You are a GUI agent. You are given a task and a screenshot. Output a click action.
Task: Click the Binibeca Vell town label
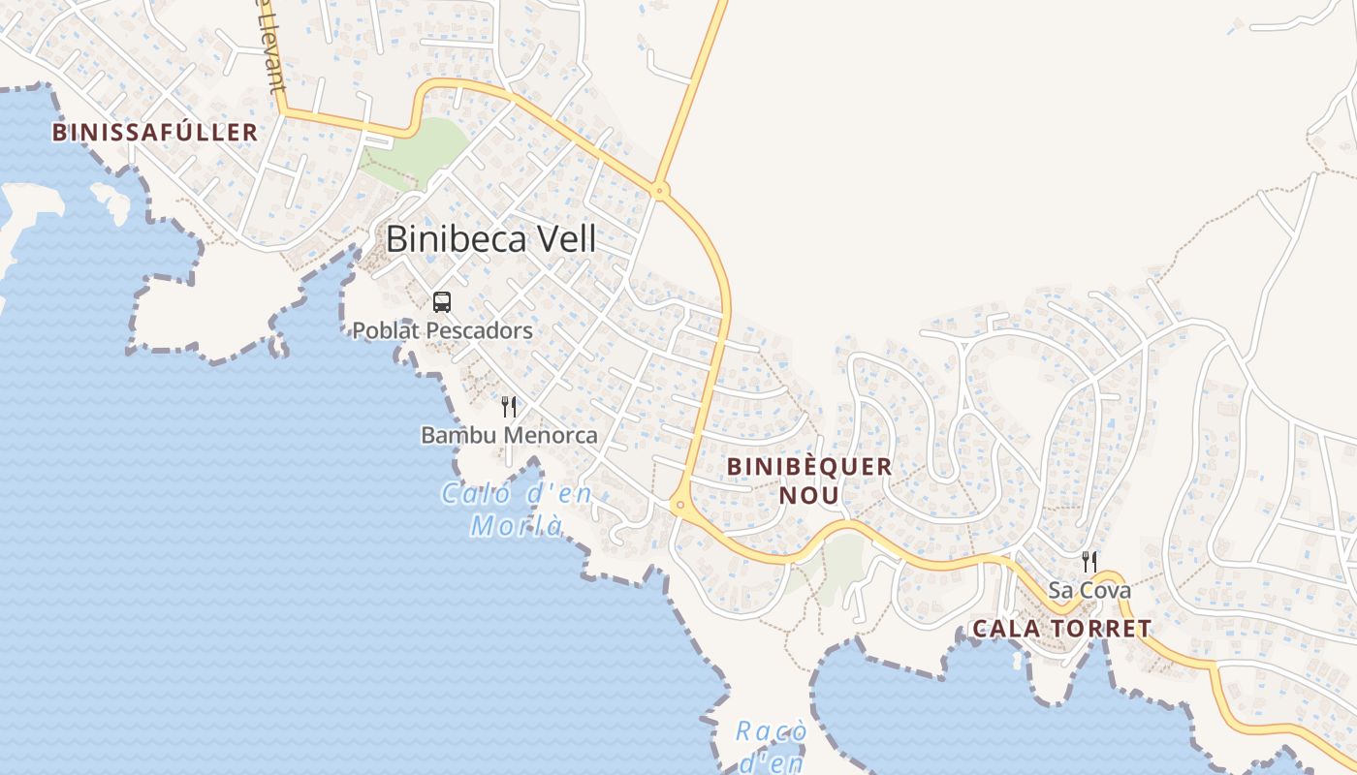click(490, 238)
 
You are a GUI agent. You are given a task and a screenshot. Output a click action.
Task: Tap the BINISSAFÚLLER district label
click(155, 133)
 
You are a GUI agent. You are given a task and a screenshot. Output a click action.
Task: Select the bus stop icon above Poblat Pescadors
click(442, 302)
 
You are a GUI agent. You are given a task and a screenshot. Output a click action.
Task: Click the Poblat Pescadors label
click(442, 330)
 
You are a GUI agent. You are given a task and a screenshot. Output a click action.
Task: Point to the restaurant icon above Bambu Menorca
click(509, 407)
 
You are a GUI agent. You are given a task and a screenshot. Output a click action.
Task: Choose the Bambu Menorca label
click(509, 435)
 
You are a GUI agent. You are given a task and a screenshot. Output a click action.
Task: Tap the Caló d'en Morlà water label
click(517, 510)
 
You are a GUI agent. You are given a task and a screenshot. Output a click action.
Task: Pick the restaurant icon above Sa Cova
click(1089, 561)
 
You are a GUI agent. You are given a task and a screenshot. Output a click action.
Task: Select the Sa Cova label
click(1089, 590)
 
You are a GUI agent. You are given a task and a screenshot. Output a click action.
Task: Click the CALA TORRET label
click(1061, 629)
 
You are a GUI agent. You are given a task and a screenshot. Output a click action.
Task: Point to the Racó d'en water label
click(772, 746)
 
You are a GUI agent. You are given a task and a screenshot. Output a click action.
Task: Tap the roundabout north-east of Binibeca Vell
click(660, 191)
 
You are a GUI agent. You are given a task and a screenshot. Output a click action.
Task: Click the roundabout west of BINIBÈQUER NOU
click(679, 504)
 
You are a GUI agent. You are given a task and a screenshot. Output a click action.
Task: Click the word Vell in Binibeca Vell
click(562, 238)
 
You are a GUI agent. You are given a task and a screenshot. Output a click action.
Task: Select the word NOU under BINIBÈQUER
click(809, 495)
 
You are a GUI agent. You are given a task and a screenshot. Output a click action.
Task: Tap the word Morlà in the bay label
click(517, 526)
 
